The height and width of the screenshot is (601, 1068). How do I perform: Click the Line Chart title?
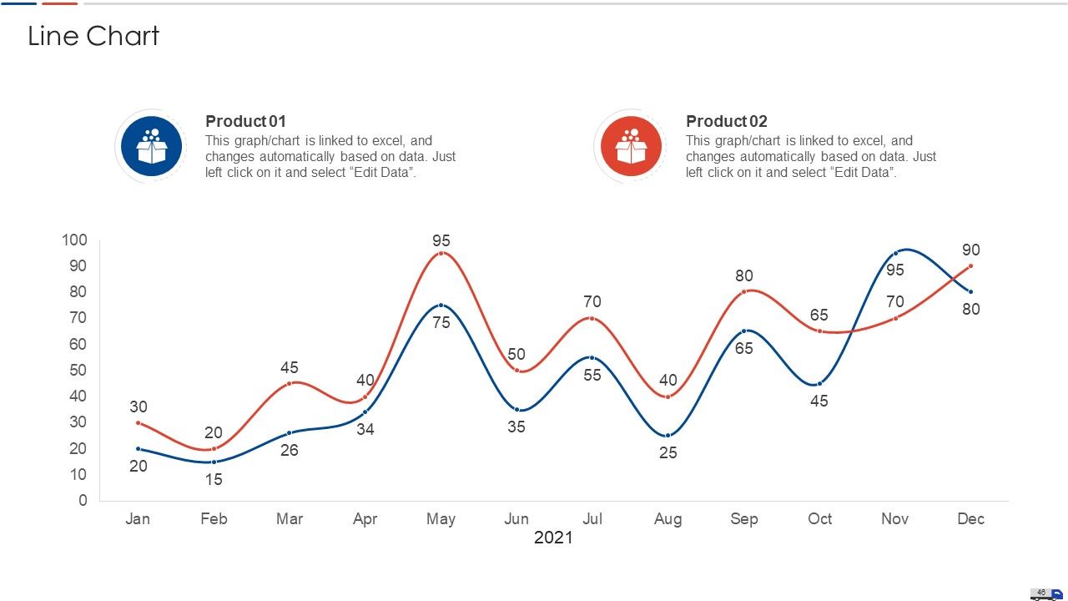tap(93, 36)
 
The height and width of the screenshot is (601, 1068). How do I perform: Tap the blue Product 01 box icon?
tap(151, 146)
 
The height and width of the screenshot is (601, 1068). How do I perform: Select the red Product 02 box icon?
tap(631, 146)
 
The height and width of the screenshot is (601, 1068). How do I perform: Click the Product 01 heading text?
tap(245, 121)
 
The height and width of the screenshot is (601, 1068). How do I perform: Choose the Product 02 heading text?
tap(726, 121)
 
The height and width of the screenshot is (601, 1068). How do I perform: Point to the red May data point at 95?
tap(441, 253)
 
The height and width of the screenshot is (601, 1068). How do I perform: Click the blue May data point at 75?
tap(441, 306)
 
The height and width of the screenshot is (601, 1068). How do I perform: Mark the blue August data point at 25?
tap(668, 436)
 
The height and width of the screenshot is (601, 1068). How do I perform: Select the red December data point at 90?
tap(970, 266)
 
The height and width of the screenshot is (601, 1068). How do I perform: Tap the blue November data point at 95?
tap(895, 253)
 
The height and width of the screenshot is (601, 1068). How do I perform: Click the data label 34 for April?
tap(365, 429)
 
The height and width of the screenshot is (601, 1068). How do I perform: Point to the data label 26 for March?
tap(290, 450)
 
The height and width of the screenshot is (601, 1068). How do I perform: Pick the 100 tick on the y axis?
tap(74, 240)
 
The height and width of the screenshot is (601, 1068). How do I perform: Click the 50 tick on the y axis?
tap(78, 370)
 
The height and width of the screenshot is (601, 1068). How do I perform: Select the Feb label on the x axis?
tap(214, 518)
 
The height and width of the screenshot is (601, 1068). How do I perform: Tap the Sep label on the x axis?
tap(743, 519)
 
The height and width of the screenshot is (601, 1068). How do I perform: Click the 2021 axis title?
tap(553, 538)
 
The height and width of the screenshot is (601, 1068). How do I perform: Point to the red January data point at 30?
tap(139, 422)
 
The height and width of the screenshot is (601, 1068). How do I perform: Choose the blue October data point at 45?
tap(819, 383)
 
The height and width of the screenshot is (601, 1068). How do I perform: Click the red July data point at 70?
tap(592, 318)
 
